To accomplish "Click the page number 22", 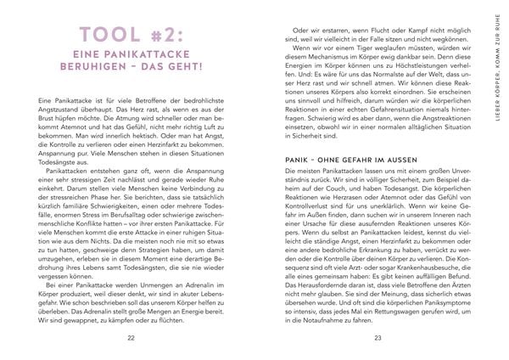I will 130,338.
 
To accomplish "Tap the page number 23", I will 378,338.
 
